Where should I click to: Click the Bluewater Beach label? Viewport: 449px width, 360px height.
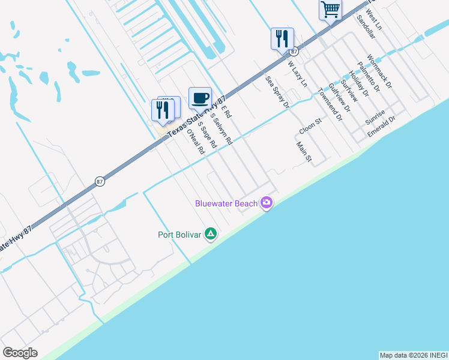click(x=226, y=203)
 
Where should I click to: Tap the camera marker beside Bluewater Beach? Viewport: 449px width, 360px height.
click(x=267, y=203)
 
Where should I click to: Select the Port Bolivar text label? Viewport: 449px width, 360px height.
click(x=179, y=234)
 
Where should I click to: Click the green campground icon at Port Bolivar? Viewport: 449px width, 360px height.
click(x=211, y=234)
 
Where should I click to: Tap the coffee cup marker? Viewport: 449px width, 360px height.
click(x=200, y=97)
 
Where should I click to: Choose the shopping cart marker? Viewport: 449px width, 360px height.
click(x=330, y=10)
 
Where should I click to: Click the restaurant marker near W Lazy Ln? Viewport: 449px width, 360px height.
click(x=282, y=39)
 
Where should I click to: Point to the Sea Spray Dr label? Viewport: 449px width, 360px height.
click(x=277, y=92)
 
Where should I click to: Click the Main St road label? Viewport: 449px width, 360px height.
click(x=304, y=152)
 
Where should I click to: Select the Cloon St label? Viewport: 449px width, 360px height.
click(x=310, y=127)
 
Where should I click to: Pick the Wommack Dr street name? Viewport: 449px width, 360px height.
click(x=379, y=71)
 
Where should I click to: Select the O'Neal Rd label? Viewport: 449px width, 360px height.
click(x=195, y=142)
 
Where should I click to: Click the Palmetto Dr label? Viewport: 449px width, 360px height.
click(x=368, y=77)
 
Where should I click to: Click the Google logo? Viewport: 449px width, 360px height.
click(x=20, y=353)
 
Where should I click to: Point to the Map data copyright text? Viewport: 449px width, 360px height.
click(x=413, y=355)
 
